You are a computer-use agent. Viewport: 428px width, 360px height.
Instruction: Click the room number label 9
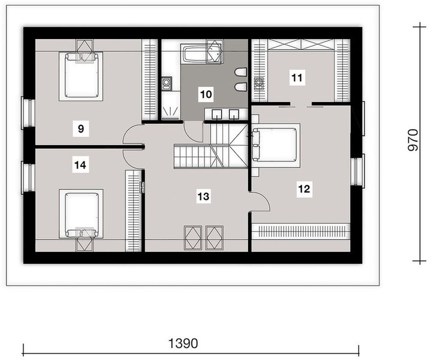coord(80,127)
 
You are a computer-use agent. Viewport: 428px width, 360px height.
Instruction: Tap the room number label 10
coord(206,94)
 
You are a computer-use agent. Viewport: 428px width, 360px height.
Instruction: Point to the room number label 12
coord(304,189)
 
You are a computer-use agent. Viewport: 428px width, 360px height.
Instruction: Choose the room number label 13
coord(204,195)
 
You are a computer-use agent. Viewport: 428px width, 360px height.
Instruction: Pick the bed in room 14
coord(81,214)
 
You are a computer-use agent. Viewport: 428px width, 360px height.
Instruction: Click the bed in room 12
coord(275,144)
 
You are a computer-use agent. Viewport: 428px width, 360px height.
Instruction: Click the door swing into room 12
coord(261,202)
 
